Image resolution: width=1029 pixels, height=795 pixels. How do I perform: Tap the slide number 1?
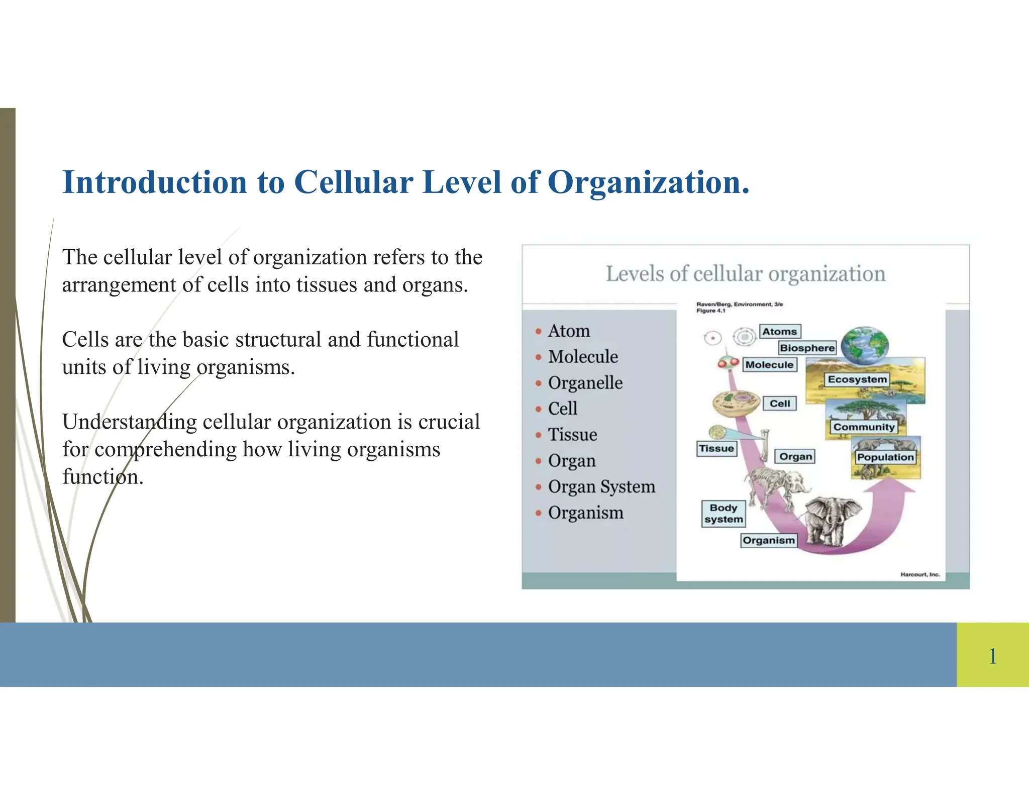[992, 656]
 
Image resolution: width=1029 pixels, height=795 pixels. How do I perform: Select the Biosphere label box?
[807, 348]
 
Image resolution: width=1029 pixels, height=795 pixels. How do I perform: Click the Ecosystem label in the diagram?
[857, 379]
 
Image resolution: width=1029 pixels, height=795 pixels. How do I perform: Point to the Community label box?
[864, 427]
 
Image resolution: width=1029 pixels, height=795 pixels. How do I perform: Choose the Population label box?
[885, 457]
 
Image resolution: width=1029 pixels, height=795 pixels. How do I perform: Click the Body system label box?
[724, 514]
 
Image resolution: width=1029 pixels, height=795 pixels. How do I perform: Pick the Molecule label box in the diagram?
[769, 365]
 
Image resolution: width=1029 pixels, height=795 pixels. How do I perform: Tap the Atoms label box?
[779, 332]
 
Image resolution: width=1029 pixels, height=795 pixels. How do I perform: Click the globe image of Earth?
[865, 346]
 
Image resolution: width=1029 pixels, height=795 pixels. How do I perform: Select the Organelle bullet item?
[585, 383]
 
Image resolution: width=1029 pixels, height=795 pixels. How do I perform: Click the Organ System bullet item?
[601, 487]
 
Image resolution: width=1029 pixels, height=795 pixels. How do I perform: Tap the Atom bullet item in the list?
[569, 331]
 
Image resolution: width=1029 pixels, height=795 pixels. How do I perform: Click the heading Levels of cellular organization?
[745, 274]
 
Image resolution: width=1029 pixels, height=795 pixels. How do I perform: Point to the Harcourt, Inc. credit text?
[919, 574]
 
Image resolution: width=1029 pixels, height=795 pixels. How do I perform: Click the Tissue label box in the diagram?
[716, 448]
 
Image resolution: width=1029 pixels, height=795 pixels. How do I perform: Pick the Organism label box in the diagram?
[769, 541]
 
